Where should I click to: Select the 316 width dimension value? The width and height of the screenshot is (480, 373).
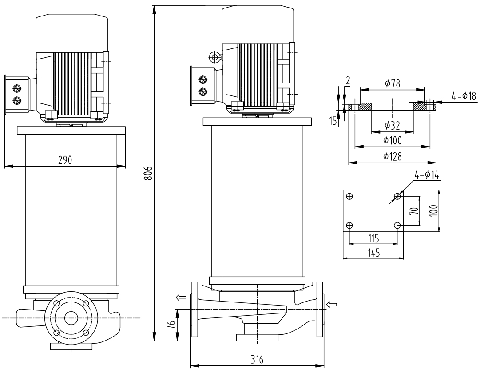(x=257, y=360)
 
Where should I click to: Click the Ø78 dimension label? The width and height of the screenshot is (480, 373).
(x=392, y=83)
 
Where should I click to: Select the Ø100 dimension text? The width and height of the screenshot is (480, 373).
(x=393, y=141)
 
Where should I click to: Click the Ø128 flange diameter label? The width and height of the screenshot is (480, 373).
(x=393, y=156)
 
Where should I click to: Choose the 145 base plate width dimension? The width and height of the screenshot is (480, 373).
(x=373, y=252)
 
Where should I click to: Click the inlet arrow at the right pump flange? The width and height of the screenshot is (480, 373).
(x=332, y=304)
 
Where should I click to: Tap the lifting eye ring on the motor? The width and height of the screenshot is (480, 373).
(x=214, y=57)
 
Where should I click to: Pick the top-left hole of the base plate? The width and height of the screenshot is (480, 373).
(x=350, y=196)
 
